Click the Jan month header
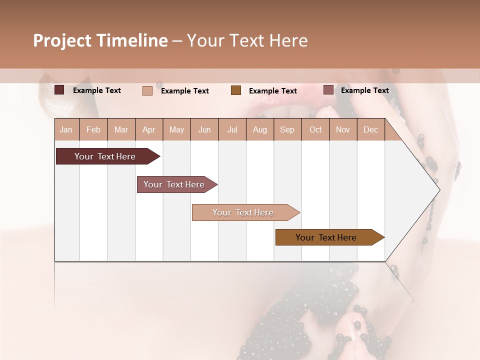(66, 130)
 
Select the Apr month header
(149, 130)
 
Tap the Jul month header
(232, 130)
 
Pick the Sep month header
(287, 130)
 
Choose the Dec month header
(370, 130)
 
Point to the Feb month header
(93, 130)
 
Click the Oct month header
(315, 130)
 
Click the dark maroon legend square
(59, 90)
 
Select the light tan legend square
(147, 90)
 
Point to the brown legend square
(236, 90)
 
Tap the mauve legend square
(328, 90)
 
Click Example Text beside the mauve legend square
(364, 90)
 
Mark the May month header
(176, 130)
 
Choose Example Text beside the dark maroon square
(97, 90)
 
